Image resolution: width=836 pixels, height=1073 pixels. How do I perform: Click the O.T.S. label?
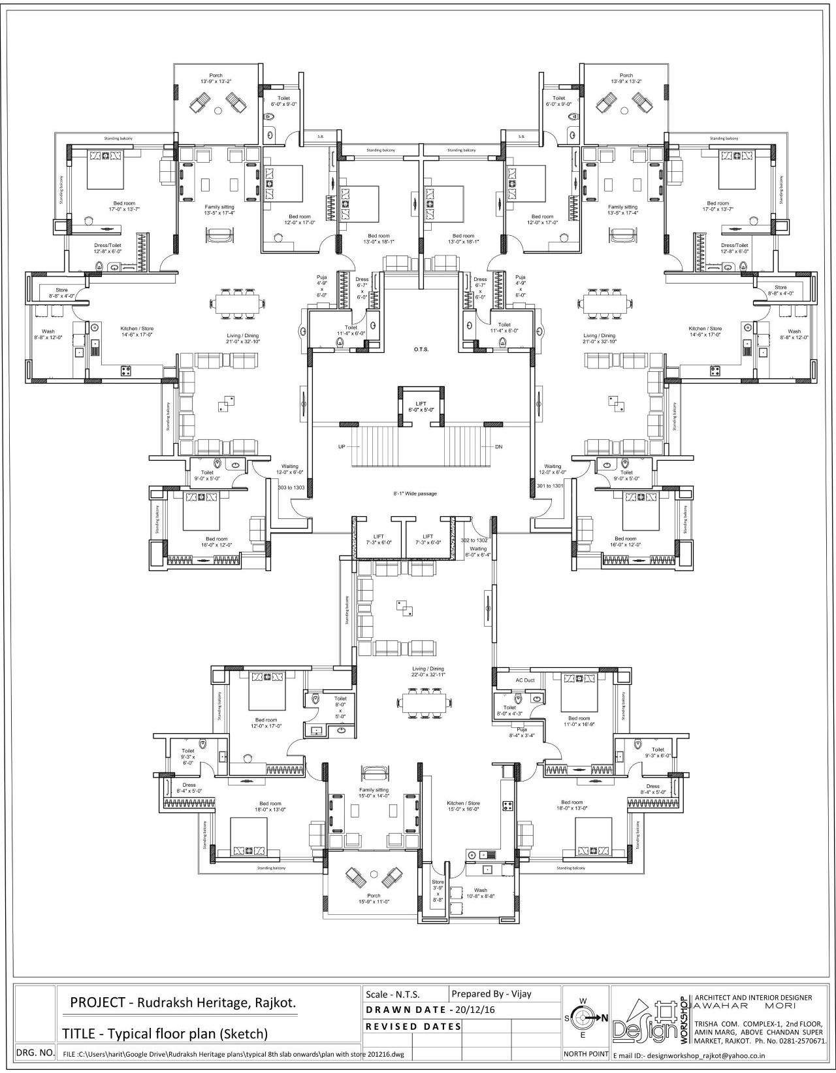(421, 350)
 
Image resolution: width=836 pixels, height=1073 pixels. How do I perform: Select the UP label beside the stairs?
(342, 447)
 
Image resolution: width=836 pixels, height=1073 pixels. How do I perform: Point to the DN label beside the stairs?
(499, 447)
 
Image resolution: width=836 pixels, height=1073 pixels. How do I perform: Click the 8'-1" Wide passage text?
(415, 493)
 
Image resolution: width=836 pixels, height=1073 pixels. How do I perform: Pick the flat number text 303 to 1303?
(291, 487)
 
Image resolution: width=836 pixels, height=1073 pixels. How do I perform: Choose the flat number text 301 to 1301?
(550, 486)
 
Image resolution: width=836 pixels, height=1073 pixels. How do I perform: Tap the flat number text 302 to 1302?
(474, 540)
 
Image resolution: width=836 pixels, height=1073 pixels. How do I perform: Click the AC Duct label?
(525, 680)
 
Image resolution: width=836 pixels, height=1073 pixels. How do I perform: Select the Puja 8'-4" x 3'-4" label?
(522, 732)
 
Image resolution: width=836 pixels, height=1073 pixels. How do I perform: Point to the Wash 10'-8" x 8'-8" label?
(481, 893)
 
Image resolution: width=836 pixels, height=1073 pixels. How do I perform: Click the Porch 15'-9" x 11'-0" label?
(374, 899)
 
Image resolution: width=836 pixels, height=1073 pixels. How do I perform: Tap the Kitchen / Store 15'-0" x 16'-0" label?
(463, 806)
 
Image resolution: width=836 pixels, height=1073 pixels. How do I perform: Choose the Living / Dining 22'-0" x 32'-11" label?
(428, 672)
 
